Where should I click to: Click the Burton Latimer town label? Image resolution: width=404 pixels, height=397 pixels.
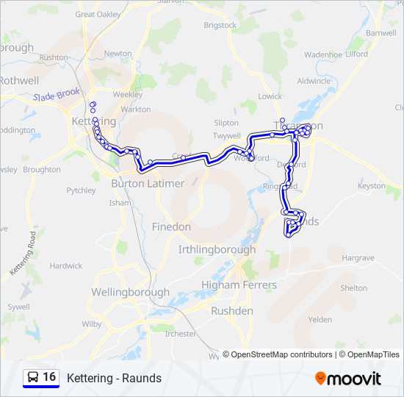point(148,183)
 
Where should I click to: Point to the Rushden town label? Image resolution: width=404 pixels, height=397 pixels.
point(231,311)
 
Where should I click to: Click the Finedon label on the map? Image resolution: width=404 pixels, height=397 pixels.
point(171,227)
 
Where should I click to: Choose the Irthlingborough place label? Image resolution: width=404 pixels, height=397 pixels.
point(217,249)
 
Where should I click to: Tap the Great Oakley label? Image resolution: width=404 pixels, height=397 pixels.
point(98,13)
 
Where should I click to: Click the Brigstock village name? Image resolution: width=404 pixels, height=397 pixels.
point(220,25)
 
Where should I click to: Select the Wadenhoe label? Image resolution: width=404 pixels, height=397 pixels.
point(323,54)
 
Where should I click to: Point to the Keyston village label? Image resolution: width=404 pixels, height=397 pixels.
point(371,186)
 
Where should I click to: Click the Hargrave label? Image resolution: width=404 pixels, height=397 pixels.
point(358,258)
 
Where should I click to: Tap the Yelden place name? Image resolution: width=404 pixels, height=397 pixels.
point(320,320)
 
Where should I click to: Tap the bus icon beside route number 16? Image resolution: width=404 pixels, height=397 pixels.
point(33,377)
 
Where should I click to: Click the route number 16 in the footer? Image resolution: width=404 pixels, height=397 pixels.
point(49,377)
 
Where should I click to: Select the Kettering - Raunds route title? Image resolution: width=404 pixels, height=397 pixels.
point(114,379)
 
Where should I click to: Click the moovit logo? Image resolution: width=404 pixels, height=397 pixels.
point(348,379)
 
